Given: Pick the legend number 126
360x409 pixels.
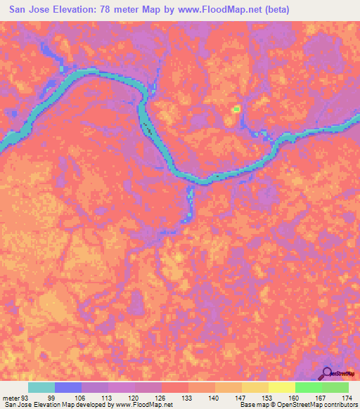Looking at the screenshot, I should (162, 397).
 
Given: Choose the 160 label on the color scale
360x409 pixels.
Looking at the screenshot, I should (295, 397).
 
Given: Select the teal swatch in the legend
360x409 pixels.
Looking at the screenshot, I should (41, 387).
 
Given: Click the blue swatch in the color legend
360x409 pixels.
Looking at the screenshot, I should (68, 387).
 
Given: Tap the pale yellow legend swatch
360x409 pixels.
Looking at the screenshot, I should (282, 387).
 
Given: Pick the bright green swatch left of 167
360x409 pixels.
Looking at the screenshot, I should (309, 387).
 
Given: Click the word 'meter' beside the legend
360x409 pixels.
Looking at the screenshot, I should (10, 397).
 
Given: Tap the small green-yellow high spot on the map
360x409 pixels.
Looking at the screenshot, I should (237, 109).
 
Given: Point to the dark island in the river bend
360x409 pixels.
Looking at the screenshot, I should (148, 129).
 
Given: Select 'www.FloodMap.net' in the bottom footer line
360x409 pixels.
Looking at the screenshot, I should (147, 405).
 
